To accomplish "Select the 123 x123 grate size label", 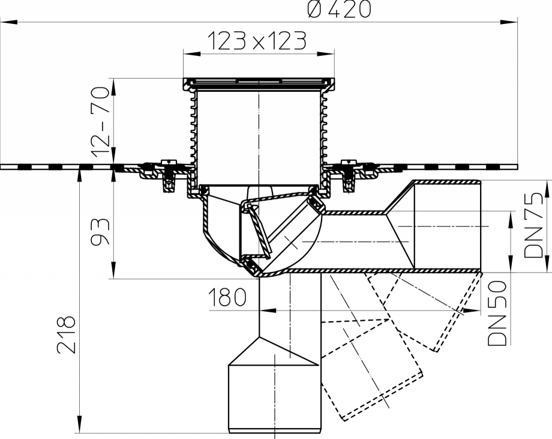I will pyautogui.click(x=257, y=41).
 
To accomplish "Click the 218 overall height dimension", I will pyautogui.click(x=68, y=335).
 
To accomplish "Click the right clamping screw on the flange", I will pyautogui.click(x=347, y=175).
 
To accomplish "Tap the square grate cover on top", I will pyautogui.click(x=258, y=81).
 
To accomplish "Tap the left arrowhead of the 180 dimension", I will pyautogui.click(x=265, y=311).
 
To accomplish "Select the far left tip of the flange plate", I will pyautogui.click(x=2, y=166).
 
